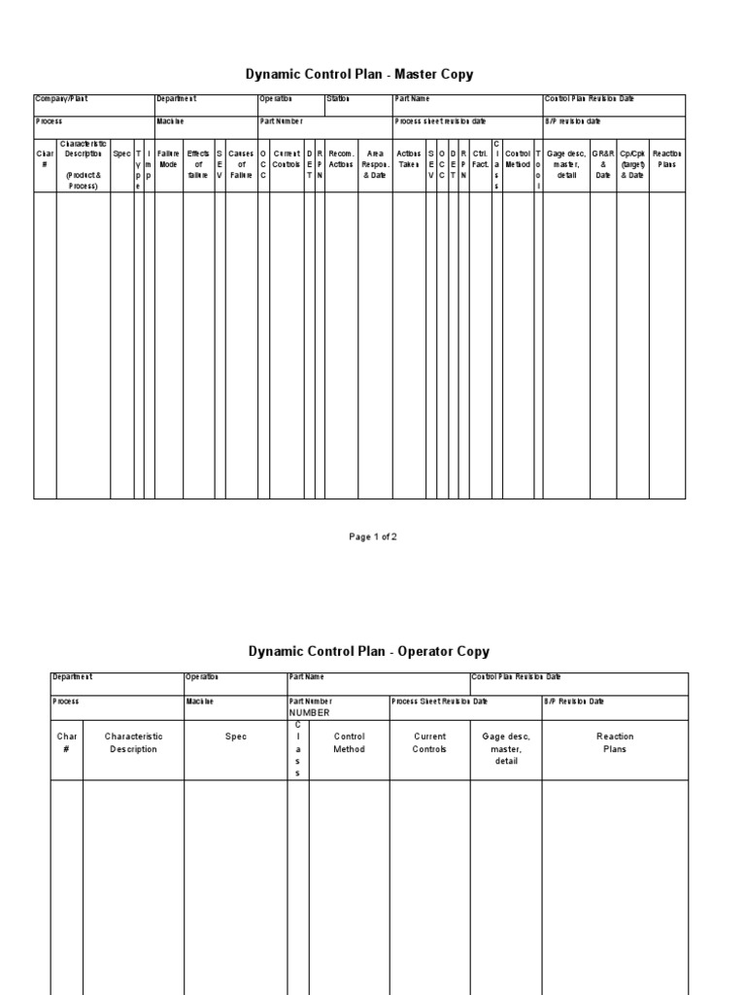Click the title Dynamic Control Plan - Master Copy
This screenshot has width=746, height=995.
360,75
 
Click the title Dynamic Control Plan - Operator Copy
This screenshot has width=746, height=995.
368,652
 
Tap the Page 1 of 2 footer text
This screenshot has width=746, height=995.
373,537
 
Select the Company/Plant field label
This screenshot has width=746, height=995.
61,99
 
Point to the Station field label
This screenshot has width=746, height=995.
338,99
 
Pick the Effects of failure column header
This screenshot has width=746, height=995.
198,164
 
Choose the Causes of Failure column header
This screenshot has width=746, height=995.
241,164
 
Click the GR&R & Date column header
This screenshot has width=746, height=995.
602,164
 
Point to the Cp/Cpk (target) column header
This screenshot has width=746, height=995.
632,164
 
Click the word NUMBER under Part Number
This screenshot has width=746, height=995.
309,712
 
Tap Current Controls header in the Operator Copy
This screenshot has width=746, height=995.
429,742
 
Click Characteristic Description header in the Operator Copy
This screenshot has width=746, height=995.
133,742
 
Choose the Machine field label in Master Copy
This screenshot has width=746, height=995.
171,121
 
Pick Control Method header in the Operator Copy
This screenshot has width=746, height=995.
349,742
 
